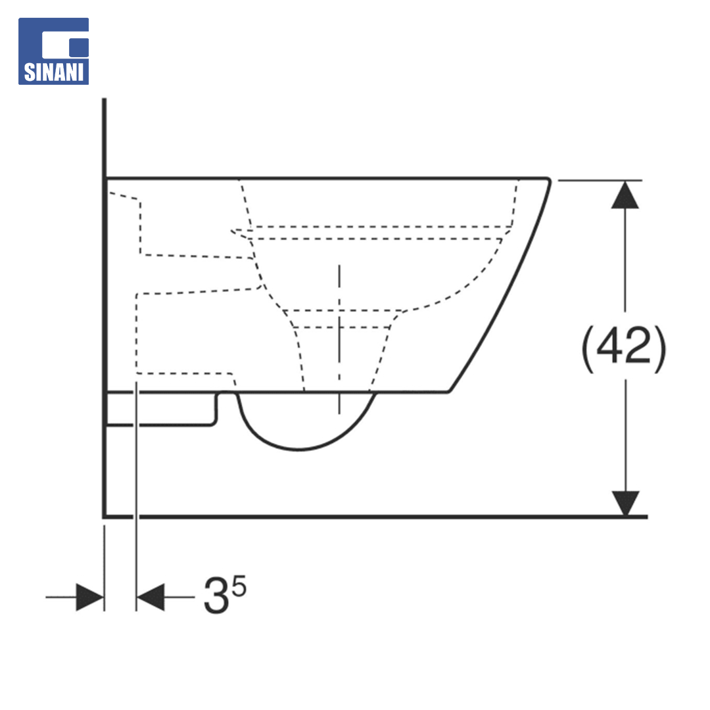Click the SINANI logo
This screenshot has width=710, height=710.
click(x=53, y=51)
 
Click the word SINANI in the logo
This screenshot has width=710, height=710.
click(x=53, y=72)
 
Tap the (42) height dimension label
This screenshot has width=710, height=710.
click(x=624, y=348)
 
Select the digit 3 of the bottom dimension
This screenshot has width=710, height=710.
click(x=216, y=595)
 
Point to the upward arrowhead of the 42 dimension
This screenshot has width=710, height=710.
click(x=625, y=195)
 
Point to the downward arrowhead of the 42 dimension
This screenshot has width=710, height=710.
click(x=625, y=504)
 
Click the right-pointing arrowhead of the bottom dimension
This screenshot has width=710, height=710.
click(x=90, y=597)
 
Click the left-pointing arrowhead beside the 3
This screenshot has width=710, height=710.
click(x=151, y=597)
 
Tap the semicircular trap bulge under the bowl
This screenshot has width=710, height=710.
click(x=299, y=449)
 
